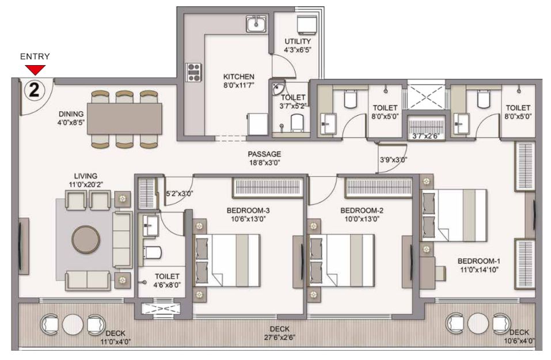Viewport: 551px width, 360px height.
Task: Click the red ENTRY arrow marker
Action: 36,70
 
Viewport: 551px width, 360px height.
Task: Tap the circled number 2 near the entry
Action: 35,90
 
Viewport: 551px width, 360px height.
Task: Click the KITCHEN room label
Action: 238,76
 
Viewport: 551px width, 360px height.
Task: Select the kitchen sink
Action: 256,24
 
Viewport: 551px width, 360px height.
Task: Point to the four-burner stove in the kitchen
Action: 193,73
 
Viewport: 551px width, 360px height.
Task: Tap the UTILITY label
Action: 298,41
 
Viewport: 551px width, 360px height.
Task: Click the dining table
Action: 124,119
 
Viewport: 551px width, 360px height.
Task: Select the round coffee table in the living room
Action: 86,239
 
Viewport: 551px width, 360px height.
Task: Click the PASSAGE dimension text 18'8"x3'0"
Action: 264,162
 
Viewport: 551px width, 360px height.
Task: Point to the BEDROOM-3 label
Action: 248,211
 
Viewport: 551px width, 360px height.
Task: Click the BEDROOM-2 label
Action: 362,211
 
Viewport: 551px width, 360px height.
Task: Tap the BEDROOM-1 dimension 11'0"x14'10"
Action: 478,270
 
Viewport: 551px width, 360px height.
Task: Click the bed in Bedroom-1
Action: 454,215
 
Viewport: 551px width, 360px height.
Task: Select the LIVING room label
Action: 86,176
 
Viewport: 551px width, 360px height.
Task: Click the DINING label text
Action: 71,114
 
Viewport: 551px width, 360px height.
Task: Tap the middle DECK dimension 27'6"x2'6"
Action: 280,338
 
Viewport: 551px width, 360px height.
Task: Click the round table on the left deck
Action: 73,324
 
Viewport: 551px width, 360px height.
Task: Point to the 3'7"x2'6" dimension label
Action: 425,136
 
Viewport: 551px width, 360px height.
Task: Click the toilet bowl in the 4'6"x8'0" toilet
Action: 151,252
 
